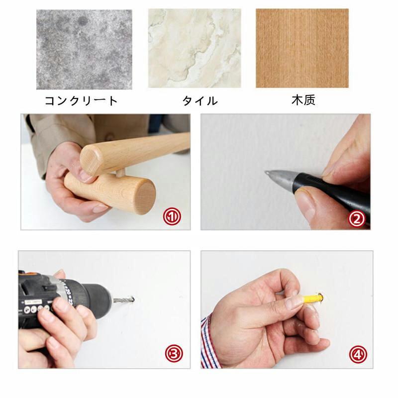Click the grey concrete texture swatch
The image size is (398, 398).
click(x=84, y=49)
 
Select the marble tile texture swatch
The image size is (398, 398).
click(x=195, y=48)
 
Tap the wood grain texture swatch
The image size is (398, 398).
click(x=302, y=48)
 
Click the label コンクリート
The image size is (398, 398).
click(x=81, y=101)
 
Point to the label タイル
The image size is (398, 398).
click(x=200, y=101)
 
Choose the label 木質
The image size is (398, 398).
click(x=303, y=100)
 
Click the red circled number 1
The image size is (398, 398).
click(x=172, y=216)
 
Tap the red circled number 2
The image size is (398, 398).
click(x=357, y=219)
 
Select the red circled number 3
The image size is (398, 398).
click(x=174, y=354)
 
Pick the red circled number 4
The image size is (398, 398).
click(x=358, y=354)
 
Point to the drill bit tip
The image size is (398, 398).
click(x=132, y=299)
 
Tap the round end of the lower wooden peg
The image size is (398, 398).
click(x=144, y=194)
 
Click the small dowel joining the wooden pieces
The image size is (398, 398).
click(x=120, y=173)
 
